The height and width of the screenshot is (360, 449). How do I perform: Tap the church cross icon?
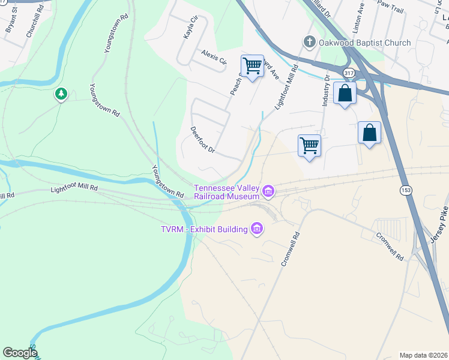coord(309,42)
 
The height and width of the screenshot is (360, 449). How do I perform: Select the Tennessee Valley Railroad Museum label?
coord(226,192)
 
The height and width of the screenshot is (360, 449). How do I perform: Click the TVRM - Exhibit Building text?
coord(204,229)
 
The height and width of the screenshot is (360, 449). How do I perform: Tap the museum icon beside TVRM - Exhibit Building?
coord(257,229)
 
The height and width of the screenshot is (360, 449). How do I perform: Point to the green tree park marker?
coord(61,94)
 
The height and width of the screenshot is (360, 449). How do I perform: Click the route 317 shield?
coord(348,73)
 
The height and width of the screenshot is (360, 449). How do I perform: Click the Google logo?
coord(20,352)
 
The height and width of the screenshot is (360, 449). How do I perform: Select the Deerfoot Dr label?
coord(202,139)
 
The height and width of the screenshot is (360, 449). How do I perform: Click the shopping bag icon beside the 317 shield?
coord(345,94)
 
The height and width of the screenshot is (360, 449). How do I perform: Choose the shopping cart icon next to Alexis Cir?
coord(253,66)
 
